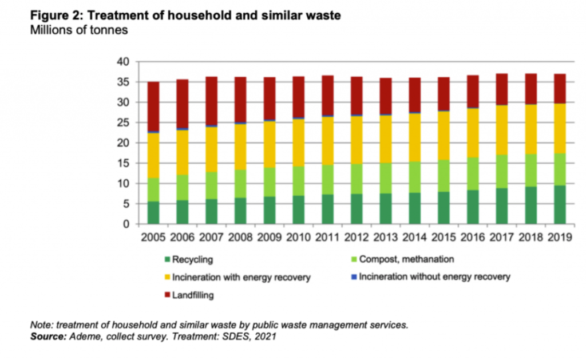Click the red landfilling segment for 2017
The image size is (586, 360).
501,89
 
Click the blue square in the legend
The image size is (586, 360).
353,277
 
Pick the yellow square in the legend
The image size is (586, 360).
167,278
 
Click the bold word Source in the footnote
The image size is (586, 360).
50,337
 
